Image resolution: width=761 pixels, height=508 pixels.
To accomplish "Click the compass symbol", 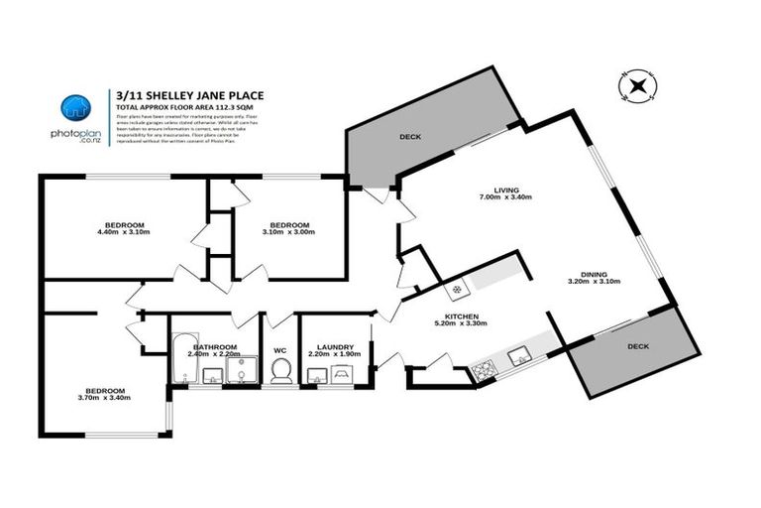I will [633, 87].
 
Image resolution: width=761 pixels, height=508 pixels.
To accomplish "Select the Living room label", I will [506, 189].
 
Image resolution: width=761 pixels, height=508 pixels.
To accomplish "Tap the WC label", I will [280, 348].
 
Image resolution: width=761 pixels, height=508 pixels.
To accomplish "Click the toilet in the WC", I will [280, 371].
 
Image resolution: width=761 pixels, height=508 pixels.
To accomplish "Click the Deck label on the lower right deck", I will [639, 347].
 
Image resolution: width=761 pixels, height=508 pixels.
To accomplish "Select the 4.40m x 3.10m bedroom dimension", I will [124, 232].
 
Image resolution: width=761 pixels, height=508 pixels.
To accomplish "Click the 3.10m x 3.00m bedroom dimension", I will [289, 232].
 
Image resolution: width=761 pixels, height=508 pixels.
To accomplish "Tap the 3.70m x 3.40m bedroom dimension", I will [105, 398].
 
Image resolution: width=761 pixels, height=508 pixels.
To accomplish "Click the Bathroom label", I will [214, 319].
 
